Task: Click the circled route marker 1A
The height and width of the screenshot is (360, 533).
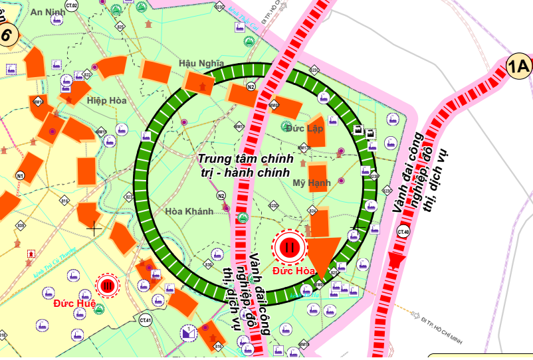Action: tap(518, 66)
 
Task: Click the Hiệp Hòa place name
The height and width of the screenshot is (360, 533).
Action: tap(106, 100)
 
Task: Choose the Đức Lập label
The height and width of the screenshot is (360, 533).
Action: tap(304, 128)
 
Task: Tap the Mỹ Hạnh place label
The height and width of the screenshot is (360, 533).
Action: tap(312, 183)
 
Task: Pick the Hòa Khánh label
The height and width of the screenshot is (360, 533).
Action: tap(189, 211)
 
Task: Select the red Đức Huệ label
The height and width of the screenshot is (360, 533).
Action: tap(74, 304)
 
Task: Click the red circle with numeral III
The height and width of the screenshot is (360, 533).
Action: tap(108, 286)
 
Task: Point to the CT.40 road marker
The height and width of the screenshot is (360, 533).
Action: tap(403, 232)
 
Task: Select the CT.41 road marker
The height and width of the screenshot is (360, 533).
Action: tap(146, 321)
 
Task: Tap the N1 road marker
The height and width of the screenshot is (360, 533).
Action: tap(21, 175)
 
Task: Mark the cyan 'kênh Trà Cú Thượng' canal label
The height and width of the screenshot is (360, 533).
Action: tap(56, 260)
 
